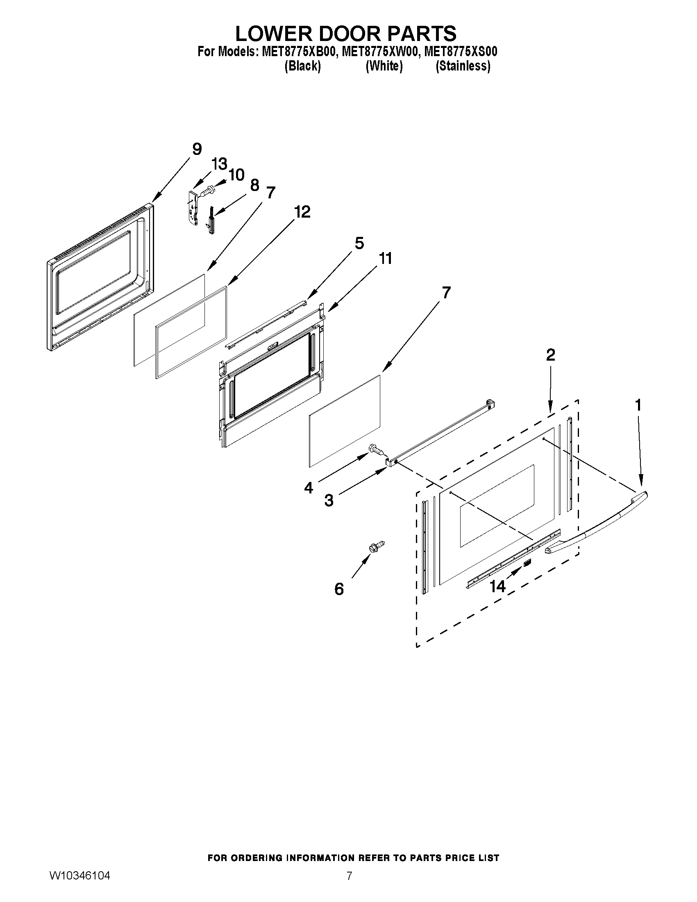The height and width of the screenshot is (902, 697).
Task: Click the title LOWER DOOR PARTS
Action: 345,34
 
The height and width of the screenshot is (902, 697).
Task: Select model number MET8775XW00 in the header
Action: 380,52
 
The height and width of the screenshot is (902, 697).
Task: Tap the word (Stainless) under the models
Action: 463,66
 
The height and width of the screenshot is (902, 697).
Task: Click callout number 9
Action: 197,149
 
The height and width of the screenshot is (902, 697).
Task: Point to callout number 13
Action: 219,164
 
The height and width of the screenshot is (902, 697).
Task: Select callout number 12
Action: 302,212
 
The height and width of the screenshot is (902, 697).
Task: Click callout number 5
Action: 359,243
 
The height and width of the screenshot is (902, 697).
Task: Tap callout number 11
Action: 385,259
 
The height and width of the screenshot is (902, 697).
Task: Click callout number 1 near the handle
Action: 638,405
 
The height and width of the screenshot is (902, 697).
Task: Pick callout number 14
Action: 498,586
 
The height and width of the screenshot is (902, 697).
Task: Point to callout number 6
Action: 339,589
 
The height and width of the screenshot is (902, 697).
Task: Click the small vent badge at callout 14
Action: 527,563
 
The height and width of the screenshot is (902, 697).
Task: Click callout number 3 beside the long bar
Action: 329,501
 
